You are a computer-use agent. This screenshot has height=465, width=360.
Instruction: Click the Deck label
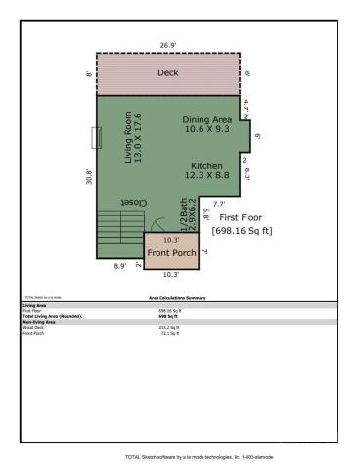point(167,72)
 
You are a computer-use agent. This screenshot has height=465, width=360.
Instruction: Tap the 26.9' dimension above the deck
point(167,45)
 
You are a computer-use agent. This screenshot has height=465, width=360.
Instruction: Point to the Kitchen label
point(206,165)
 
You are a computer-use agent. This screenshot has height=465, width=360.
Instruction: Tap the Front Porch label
point(171,252)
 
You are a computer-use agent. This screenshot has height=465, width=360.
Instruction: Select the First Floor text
point(243,216)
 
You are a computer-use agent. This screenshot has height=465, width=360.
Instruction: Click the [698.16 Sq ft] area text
point(243,230)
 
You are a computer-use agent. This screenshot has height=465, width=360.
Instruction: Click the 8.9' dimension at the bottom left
point(120,266)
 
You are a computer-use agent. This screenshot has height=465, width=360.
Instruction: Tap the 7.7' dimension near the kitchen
point(219,203)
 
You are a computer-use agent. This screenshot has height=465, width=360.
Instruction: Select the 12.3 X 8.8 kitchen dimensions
point(206,176)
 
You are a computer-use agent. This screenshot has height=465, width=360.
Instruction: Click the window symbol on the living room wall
point(95,137)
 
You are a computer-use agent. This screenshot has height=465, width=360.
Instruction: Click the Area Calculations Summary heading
point(179,295)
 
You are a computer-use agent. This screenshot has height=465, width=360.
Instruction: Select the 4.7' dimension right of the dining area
point(247,105)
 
